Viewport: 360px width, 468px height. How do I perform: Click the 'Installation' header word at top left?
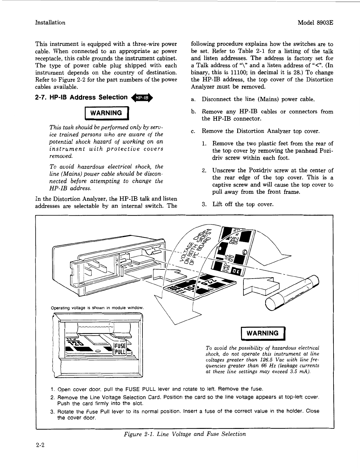[x=50, y=23]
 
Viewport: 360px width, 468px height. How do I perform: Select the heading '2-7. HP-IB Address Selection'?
[x=81, y=97]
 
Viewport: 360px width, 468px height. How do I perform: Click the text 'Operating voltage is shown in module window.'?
[x=97, y=308]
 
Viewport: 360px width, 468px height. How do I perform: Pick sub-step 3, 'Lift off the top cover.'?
[x=243, y=204]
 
